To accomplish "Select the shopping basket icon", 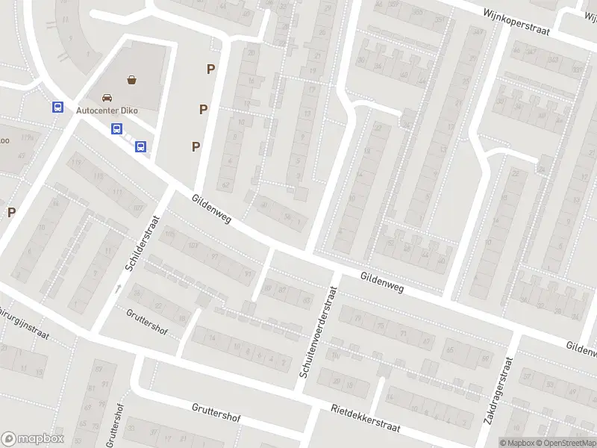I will [132, 78].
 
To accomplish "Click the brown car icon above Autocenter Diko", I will [107, 97].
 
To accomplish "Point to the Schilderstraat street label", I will [143, 243].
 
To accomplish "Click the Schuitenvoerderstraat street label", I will [318, 330].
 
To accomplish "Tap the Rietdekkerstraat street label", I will [366, 417].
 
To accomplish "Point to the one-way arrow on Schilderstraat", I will [117, 287].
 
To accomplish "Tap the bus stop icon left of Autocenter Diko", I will [57, 107].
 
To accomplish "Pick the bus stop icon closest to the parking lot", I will [140, 146].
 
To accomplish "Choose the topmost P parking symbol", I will [211, 69].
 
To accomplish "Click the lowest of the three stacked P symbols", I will [196, 146].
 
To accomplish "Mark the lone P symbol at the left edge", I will [11, 212].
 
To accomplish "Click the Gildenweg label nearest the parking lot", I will [211, 209].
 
